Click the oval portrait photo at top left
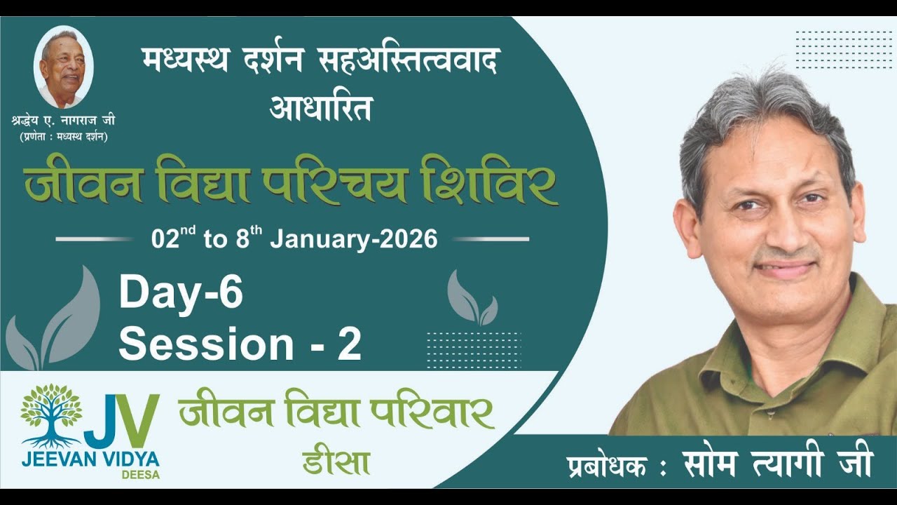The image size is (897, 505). point(63,68)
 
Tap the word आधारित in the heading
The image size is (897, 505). point(320,108)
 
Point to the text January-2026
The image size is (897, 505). point(354,239)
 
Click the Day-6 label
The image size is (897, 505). point(181,293)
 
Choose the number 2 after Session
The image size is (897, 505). point(349,344)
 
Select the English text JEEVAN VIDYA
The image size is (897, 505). point(90,460)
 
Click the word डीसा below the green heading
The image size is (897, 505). point(336,462)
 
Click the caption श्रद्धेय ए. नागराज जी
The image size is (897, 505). point(64,121)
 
